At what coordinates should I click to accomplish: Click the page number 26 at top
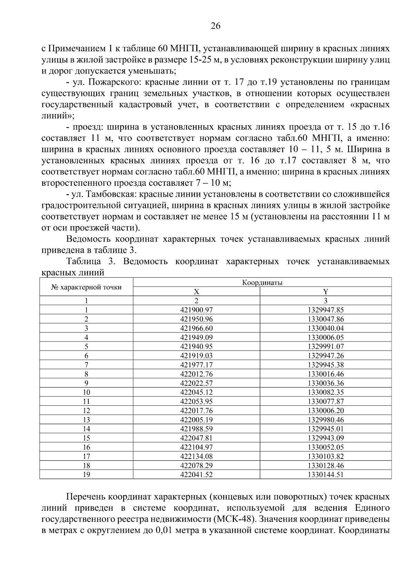(x=215, y=26)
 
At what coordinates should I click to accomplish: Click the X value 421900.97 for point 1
(x=196, y=310)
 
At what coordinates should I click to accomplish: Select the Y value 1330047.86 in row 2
(x=326, y=319)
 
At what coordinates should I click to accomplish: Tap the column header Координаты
(x=262, y=282)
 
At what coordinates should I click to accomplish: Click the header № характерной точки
(x=86, y=287)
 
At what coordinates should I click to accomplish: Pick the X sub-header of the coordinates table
(x=196, y=291)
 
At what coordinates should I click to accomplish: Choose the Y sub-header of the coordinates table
(x=326, y=291)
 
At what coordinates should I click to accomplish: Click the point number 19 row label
(x=86, y=474)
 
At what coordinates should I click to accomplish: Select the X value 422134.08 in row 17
(x=196, y=456)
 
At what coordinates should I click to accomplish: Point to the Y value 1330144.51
(x=326, y=474)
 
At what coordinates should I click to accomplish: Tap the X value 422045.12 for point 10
(x=196, y=392)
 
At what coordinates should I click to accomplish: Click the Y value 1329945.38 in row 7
(x=326, y=365)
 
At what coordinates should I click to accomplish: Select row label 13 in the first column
(x=86, y=420)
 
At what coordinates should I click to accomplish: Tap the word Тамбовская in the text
(x=110, y=194)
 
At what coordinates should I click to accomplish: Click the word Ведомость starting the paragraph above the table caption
(x=88, y=239)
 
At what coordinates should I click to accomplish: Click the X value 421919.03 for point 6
(x=196, y=356)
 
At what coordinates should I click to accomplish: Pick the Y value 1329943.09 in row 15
(x=326, y=438)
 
